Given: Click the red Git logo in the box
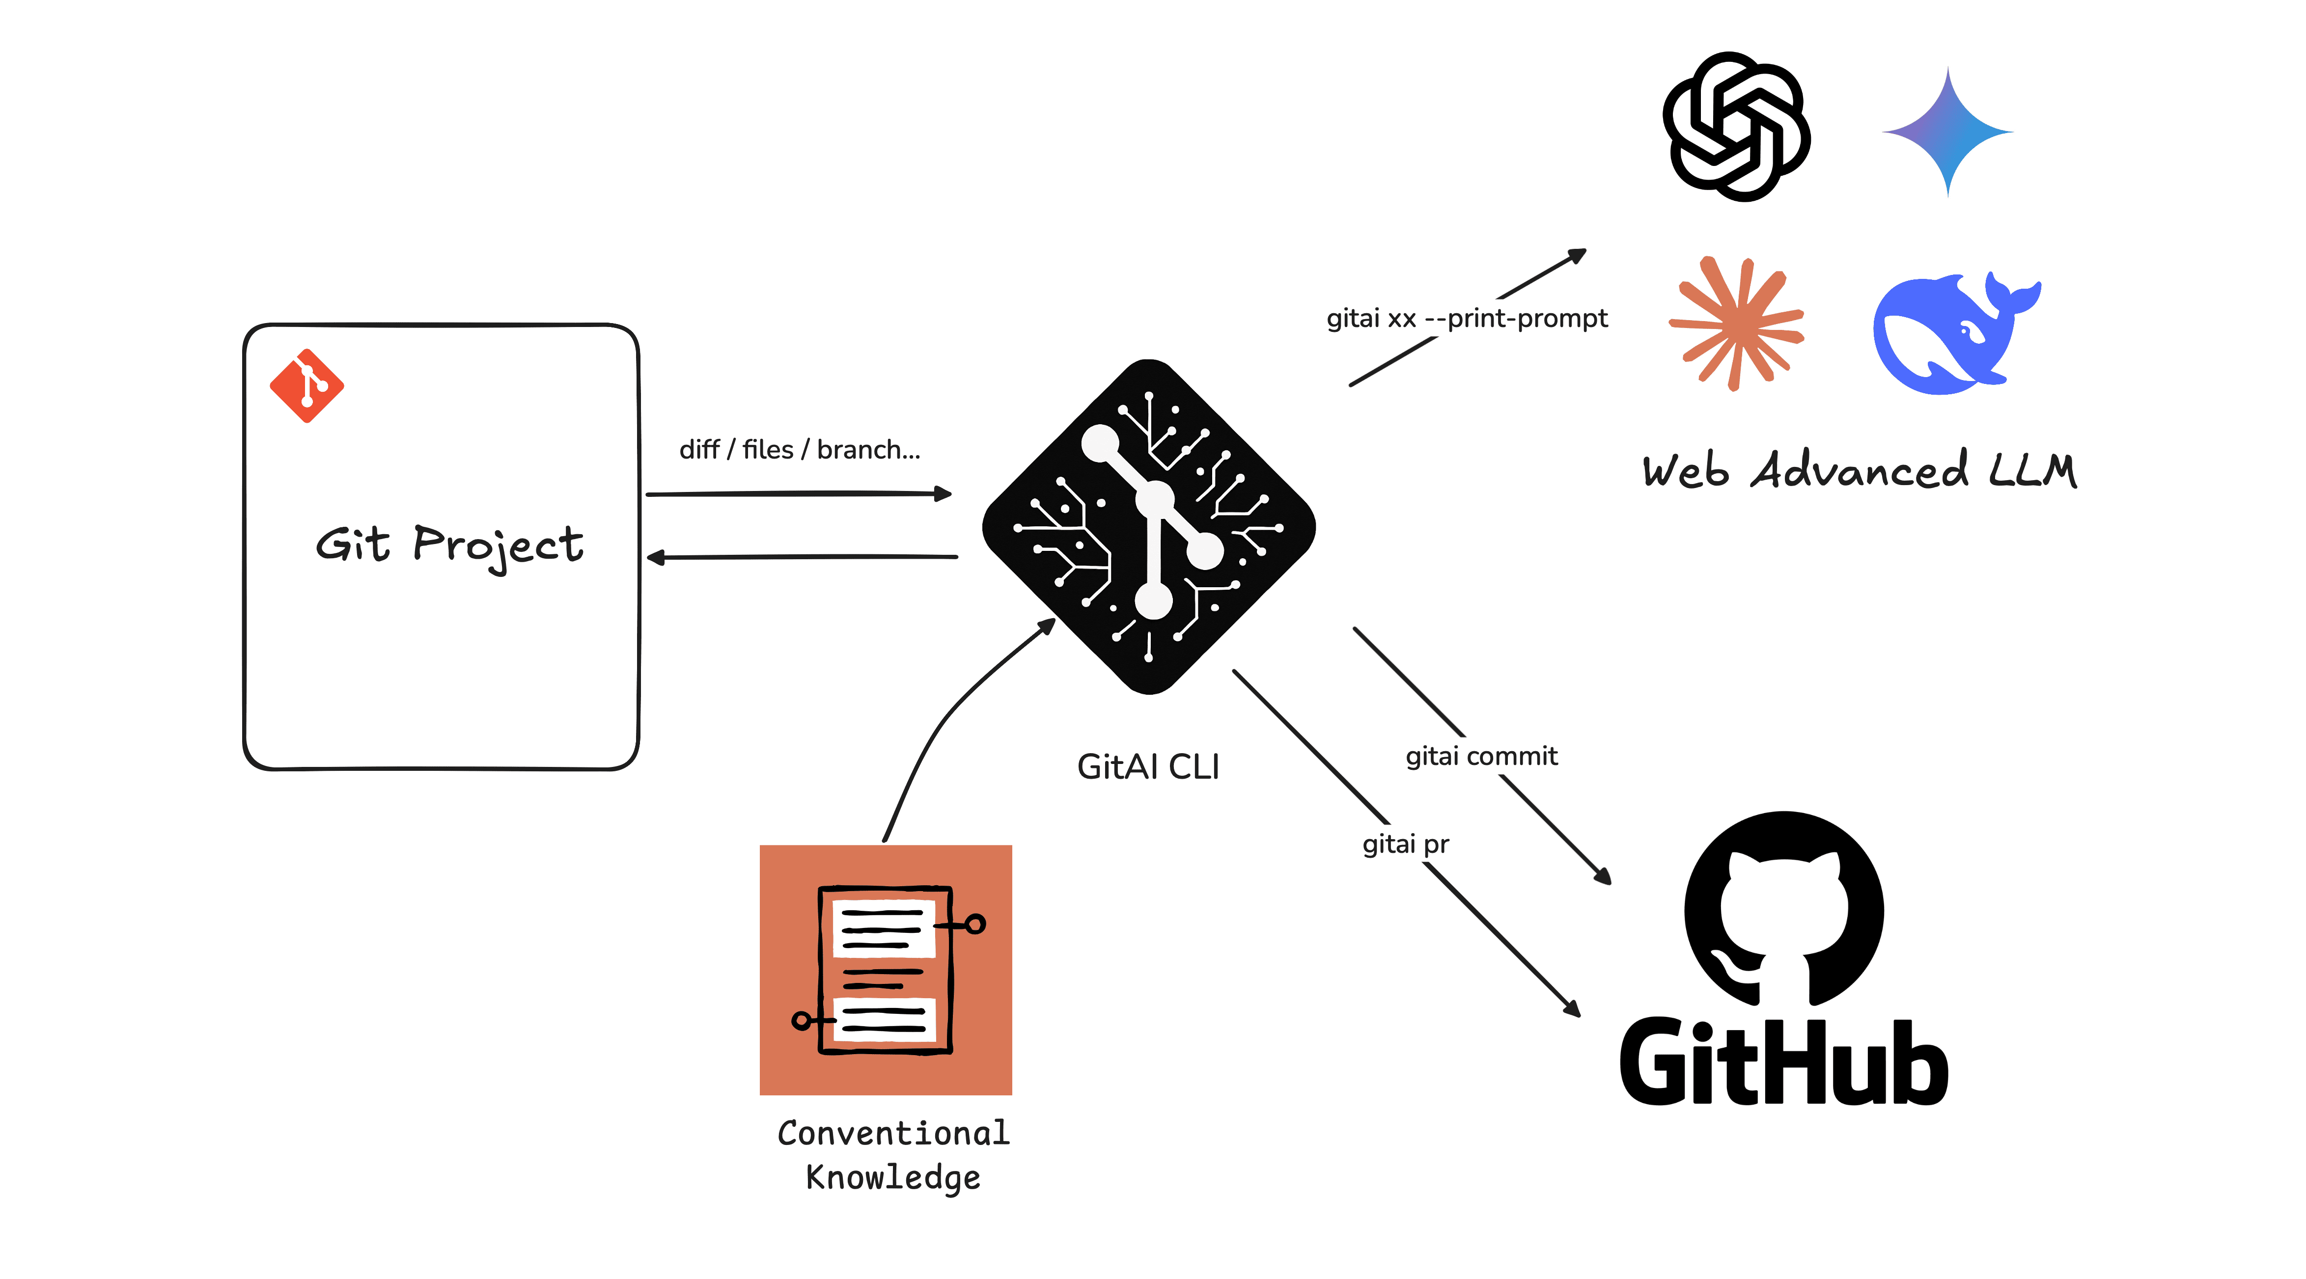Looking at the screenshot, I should (x=306, y=386).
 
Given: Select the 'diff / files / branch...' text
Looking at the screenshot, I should (x=799, y=449).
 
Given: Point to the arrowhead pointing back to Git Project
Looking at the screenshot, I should (x=656, y=558).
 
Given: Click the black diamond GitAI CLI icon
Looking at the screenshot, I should (x=1148, y=526).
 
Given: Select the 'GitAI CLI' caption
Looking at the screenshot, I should (x=1148, y=767).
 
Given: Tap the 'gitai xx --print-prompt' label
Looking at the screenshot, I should (x=1466, y=319).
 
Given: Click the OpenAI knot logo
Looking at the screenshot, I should (x=1736, y=126).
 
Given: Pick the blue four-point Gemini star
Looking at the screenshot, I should (x=1948, y=132).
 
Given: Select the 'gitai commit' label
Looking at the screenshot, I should (x=1481, y=756).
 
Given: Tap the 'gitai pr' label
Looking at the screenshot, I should (x=1405, y=844).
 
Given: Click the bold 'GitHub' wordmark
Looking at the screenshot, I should (x=1783, y=1063).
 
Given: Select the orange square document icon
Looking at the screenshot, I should (x=886, y=969).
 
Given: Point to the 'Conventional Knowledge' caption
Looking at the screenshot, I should (x=892, y=1155).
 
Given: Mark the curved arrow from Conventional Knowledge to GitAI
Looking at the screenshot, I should (x=940, y=725).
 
